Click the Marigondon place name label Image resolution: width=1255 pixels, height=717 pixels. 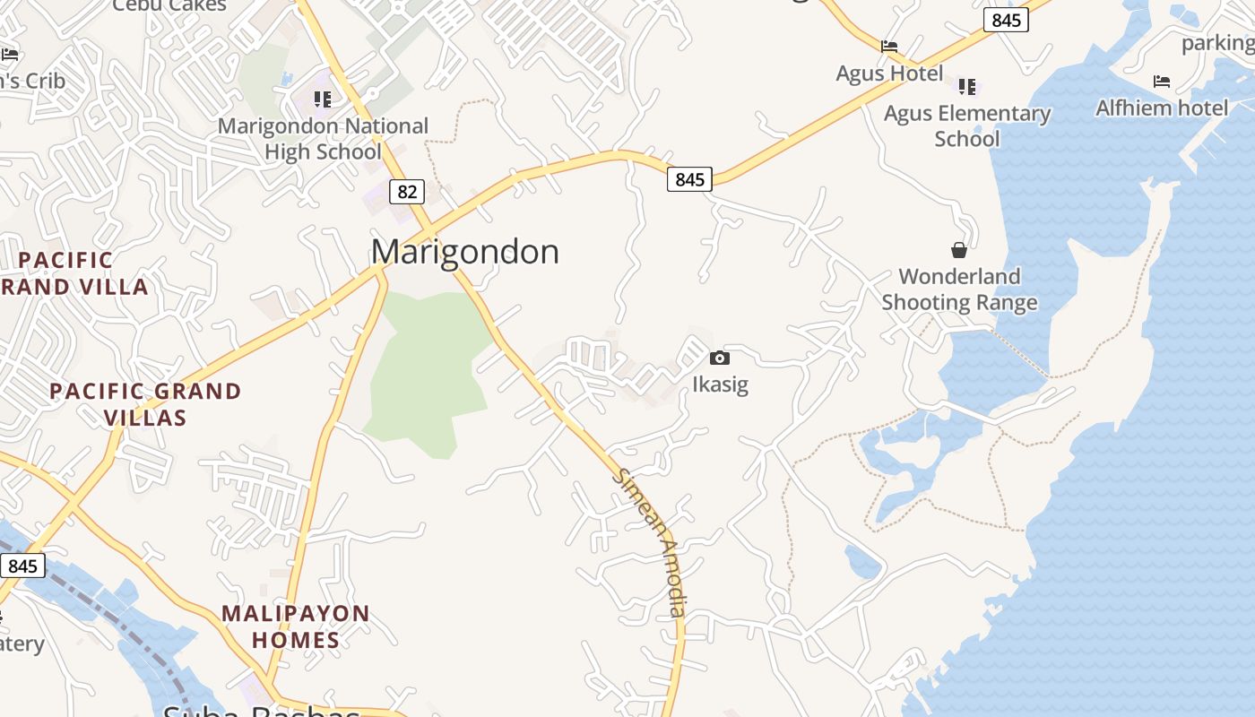point(465,252)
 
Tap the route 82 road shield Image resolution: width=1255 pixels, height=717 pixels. point(407,191)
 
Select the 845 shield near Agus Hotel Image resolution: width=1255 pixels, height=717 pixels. point(1006,20)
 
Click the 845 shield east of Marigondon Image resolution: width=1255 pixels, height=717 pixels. point(689,179)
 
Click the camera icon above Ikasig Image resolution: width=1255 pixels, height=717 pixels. point(719,358)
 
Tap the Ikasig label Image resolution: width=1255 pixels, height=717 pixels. point(720,384)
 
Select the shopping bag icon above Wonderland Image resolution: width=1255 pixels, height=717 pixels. point(959,249)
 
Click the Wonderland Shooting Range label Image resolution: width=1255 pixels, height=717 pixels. point(959,289)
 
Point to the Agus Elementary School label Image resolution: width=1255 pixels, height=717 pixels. point(967,125)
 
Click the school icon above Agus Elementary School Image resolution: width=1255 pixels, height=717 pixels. point(966,86)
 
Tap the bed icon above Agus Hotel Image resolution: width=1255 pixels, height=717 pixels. point(889,47)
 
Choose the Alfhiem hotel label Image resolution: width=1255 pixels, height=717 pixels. point(1162,108)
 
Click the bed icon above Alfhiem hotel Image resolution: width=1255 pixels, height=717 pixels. point(1162,82)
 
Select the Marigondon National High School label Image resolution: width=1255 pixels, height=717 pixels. point(323,139)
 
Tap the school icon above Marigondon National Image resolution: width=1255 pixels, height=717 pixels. point(322,99)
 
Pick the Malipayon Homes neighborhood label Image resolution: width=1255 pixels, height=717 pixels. point(296,626)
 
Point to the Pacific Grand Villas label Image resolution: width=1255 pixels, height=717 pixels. point(145,404)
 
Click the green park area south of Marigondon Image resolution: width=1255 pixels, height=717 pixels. point(426,367)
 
